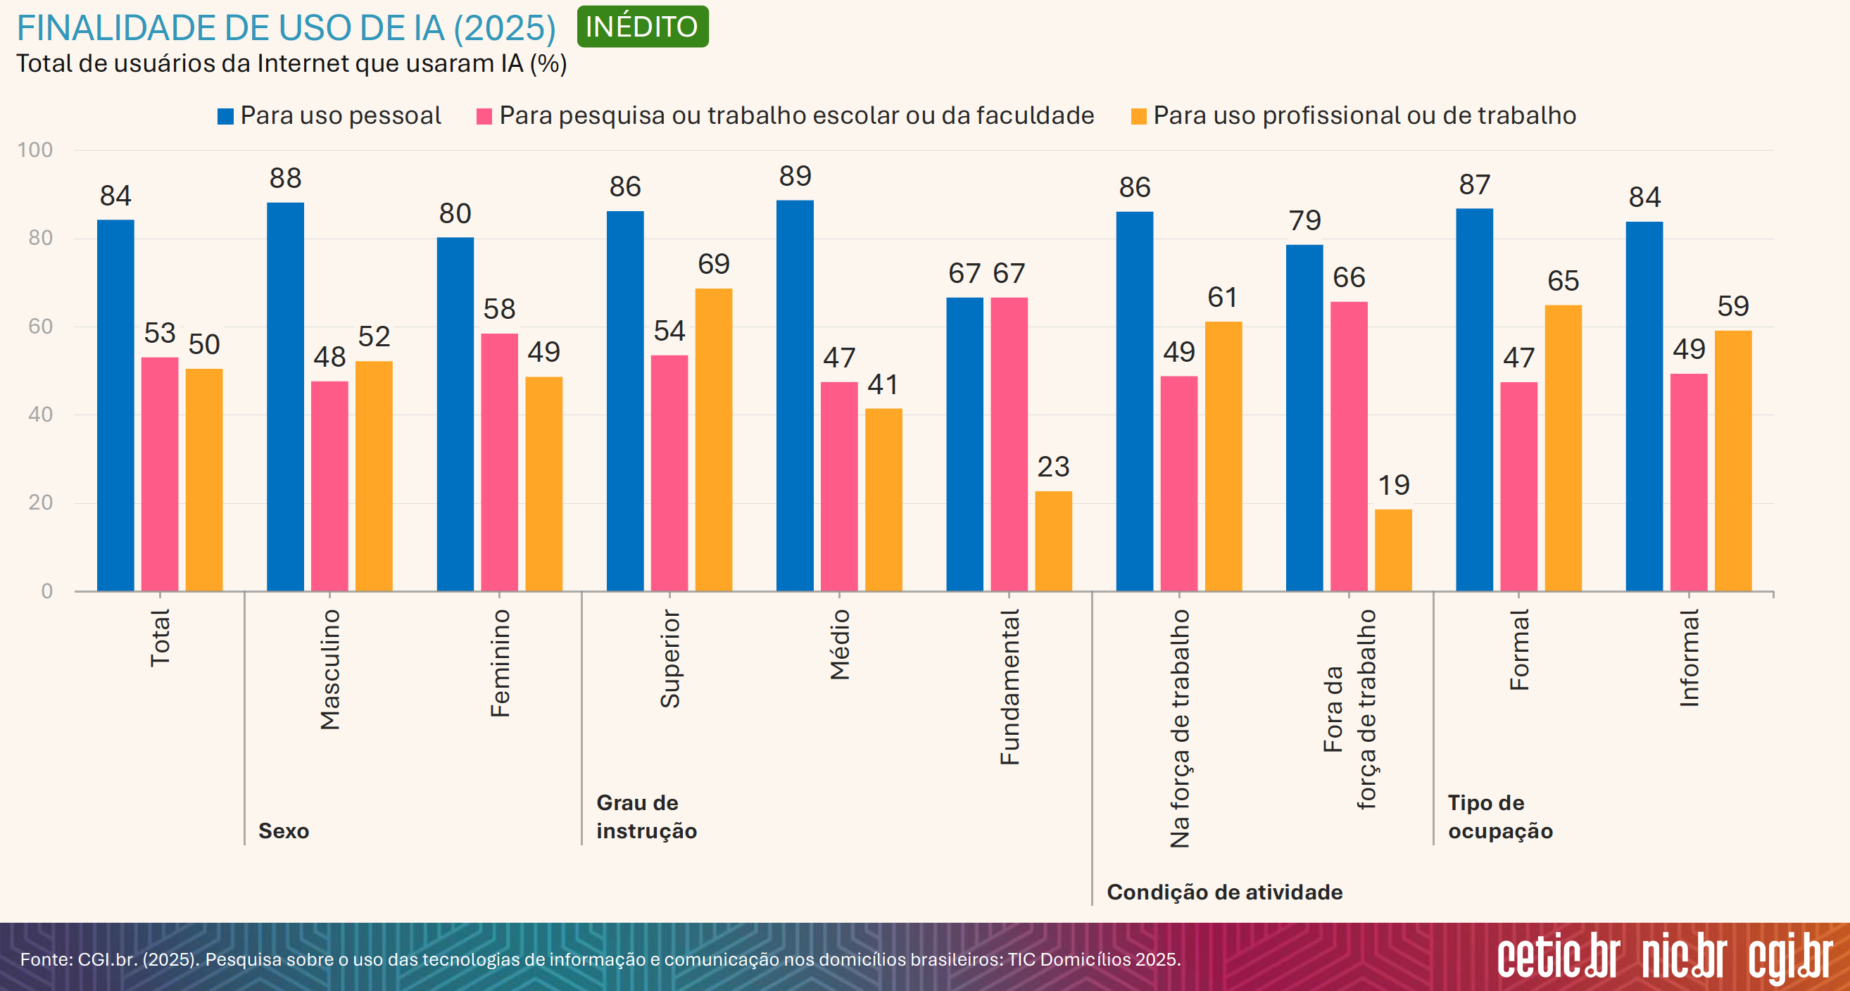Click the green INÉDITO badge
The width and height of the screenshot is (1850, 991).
pyautogui.click(x=642, y=27)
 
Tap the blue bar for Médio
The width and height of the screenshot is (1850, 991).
pyautogui.click(x=794, y=395)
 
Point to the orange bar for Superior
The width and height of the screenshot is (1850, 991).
pyautogui.click(x=713, y=439)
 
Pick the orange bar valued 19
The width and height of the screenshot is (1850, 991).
pyautogui.click(x=1392, y=550)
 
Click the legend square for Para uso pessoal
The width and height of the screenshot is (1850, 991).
pyautogui.click(x=225, y=116)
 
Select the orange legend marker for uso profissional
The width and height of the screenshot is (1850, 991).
pyautogui.click(x=1138, y=116)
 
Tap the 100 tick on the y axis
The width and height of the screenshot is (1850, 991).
pyautogui.click(x=35, y=150)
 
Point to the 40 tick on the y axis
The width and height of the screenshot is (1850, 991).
pyautogui.click(x=40, y=415)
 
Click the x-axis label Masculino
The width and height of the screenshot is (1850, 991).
pyautogui.click(x=329, y=669)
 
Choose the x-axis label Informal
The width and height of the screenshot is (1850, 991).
pyautogui.click(x=1689, y=658)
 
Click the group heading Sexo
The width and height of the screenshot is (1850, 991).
pyautogui.click(x=284, y=831)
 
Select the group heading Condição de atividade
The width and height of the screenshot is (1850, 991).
pyautogui.click(x=1224, y=892)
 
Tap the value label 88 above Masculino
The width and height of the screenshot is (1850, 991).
pyautogui.click(x=285, y=178)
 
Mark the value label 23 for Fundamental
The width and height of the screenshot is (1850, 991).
pyautogui.click(x=1053, y=467)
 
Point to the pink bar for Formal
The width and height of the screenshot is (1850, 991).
pyautogui.click(x=1518, y=486)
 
